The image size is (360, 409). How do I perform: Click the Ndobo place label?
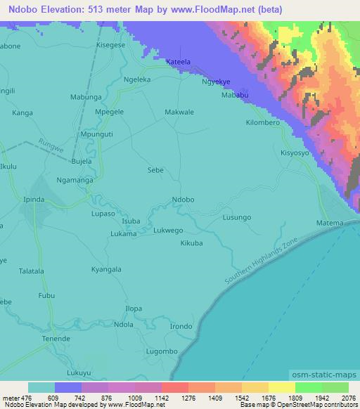(x=183, y=200)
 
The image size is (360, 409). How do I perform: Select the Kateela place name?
(x=178, y=63)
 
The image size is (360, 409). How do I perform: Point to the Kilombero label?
(x=263, y=122)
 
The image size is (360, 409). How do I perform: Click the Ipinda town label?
(x=34, y=200)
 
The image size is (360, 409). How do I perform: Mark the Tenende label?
(x=56, y=338)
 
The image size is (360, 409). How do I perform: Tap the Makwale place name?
(x=179, y=111)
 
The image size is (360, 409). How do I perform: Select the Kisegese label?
(x=110, y=44)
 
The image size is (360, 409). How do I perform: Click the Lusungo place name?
(x=236, y=218)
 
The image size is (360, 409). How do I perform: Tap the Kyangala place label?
(x=106, y=269)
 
